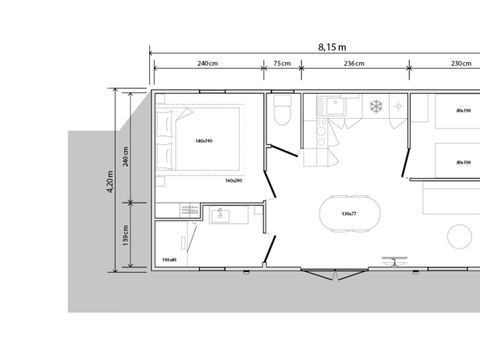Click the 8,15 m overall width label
[332, 47]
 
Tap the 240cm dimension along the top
[208, 64]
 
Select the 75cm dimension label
[282, 64]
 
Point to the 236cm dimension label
[353, 64]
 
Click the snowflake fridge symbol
[377, 106]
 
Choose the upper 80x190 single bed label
[462, 110]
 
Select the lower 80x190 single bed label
[462, 162]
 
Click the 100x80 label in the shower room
[169, 259]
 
